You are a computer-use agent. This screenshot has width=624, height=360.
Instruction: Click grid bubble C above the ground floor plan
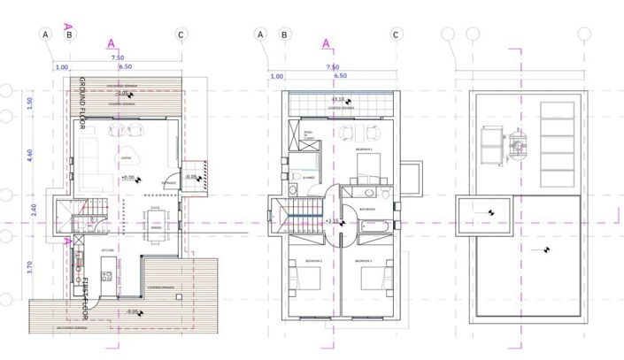[181, 34]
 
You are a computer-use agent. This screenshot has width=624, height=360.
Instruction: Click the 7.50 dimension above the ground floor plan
[117, 57]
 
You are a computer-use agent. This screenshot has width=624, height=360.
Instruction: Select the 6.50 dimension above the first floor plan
[342, 77]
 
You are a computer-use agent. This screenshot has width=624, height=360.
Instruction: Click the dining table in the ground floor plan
[157, 218]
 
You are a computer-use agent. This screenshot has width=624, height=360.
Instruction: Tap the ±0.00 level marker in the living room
[131, 178]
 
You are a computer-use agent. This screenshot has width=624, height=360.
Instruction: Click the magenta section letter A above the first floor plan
[326, 42]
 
